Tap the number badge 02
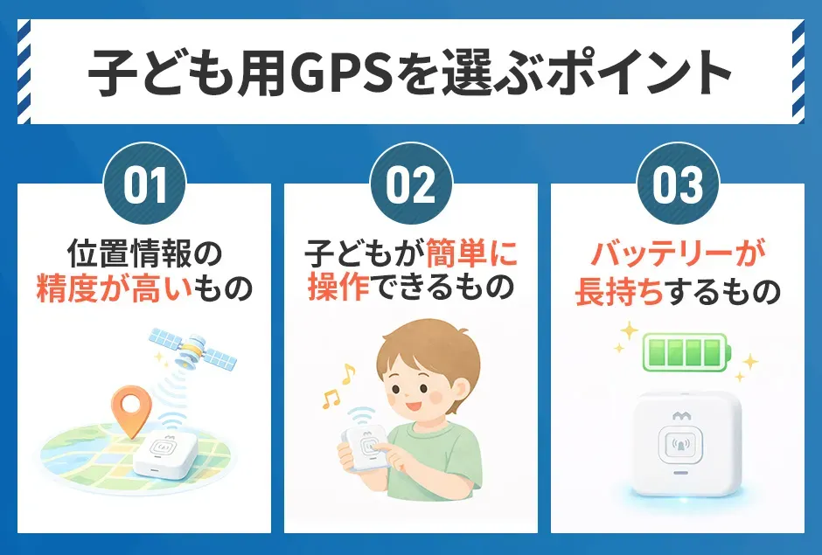click(410, 185)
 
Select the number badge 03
click(676, 185)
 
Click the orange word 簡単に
click(472, 254)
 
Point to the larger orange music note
click(347, 375)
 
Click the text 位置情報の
click(144, 254)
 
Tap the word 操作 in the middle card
click(340, 289)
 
